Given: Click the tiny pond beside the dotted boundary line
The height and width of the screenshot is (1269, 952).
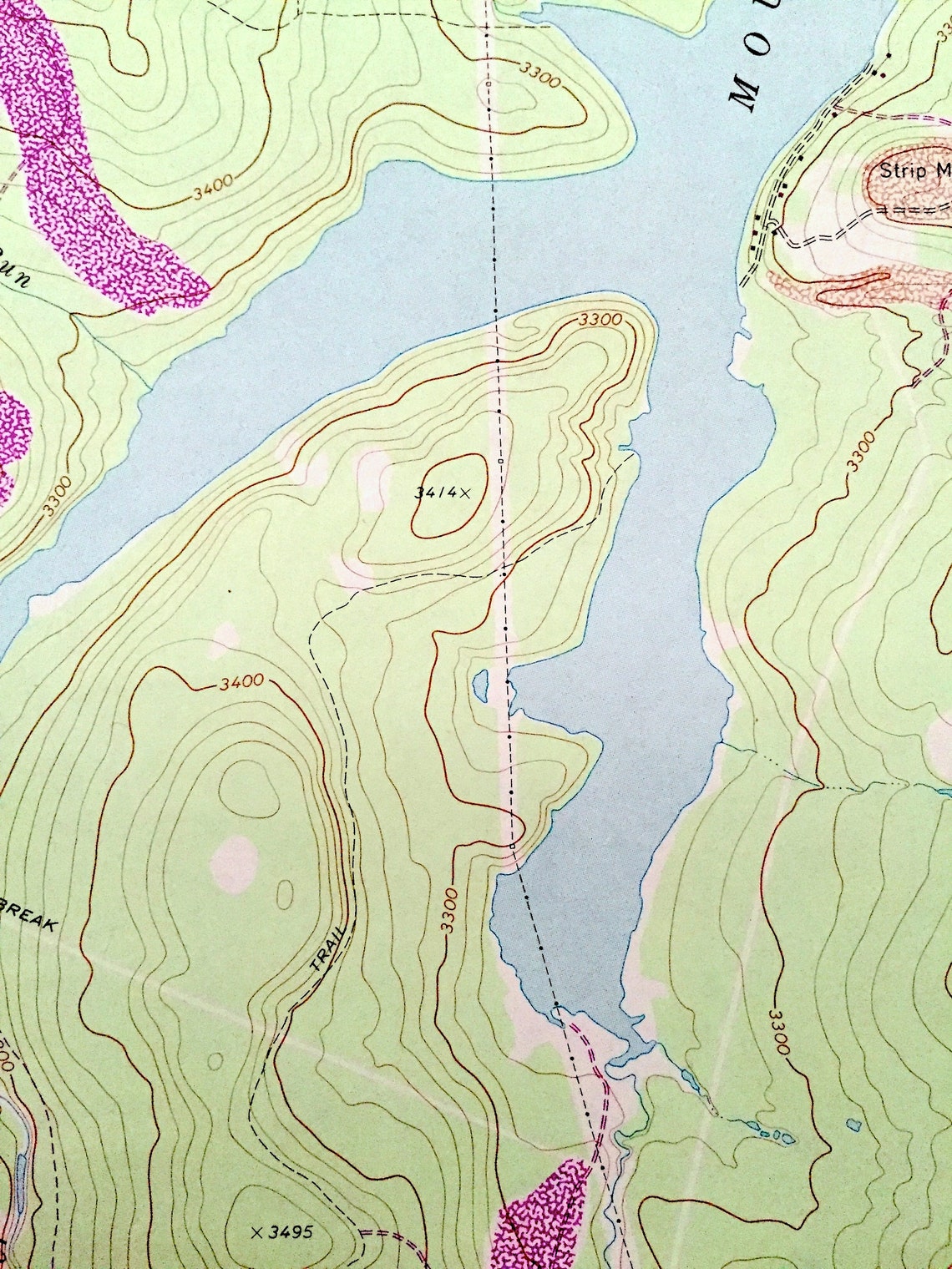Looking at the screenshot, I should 480,684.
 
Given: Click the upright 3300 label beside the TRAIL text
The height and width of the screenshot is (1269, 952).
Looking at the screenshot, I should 451,911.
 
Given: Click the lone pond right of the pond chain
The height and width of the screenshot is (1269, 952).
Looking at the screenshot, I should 852,1124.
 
